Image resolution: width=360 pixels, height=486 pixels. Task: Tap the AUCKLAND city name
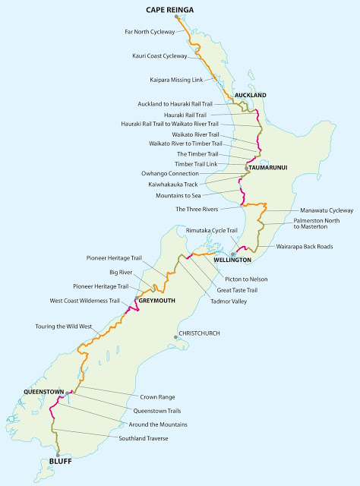point(251,95)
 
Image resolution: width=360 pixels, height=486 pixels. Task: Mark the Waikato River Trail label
point(201,134)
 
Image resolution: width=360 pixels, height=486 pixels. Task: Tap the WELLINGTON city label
point(232,260)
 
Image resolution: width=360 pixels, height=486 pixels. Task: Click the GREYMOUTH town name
point(157,301)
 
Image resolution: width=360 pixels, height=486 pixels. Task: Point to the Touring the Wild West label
point(64,326)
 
